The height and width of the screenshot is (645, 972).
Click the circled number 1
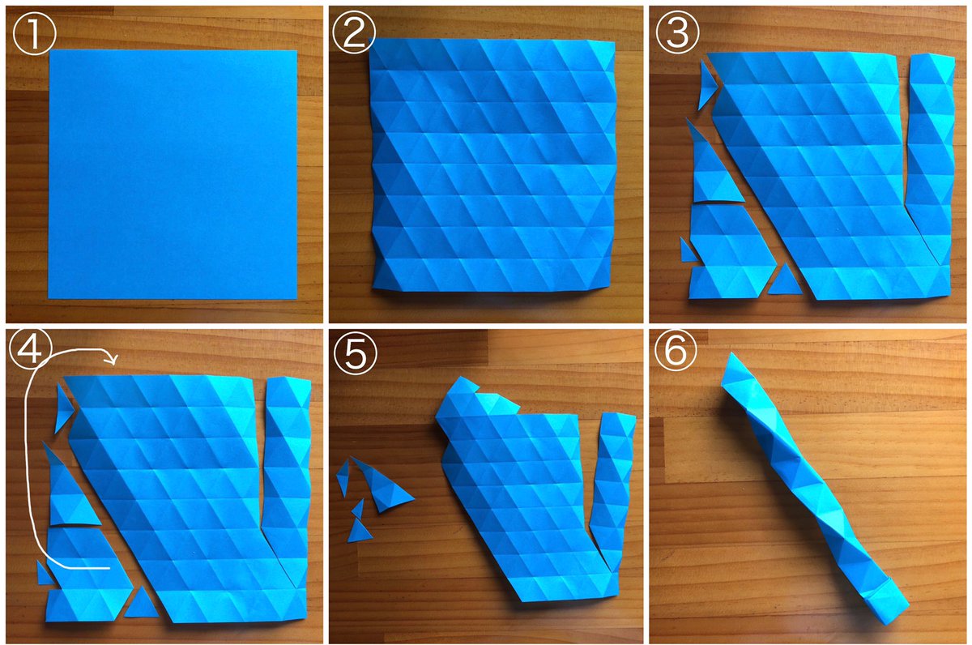[35, 33]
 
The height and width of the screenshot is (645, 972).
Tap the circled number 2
[354, 32]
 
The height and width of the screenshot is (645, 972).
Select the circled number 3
[677, 32]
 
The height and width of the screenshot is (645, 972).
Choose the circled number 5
[355, 352]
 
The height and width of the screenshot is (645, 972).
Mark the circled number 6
[676, 349]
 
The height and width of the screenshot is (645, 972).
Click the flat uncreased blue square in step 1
[173, 174]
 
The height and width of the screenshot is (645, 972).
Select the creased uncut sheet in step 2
[493, 165]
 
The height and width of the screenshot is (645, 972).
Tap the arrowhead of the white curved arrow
[113, 359]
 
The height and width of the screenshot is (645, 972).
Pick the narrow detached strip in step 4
[287, 482]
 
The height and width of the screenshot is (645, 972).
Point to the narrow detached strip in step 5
[612, 490]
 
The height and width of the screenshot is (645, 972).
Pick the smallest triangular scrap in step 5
[358, 509]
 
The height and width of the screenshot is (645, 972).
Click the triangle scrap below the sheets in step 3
[785, 281]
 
